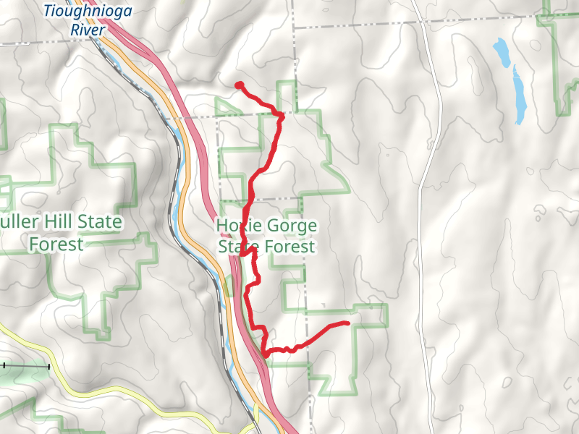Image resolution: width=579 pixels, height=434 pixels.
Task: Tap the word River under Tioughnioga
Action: (88, 30)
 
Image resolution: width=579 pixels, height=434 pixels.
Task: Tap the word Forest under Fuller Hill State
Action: (56, 244)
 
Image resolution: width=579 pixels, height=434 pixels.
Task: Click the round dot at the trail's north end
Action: (238, 85)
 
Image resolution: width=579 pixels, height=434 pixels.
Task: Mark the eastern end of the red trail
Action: (347, 323)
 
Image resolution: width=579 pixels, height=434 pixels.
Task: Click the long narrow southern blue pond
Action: (518, 94)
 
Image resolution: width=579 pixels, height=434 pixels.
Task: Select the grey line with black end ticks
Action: (25, 367)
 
